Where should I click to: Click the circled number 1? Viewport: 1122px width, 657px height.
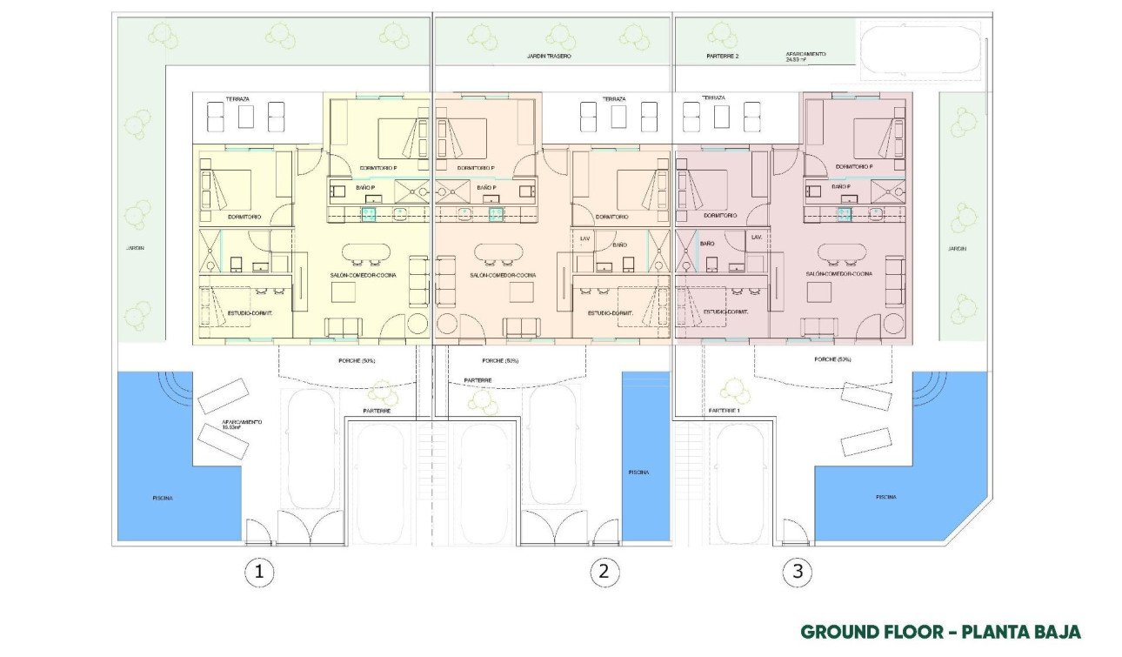coord(258,572)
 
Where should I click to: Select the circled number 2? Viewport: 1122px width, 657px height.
coord(604,572)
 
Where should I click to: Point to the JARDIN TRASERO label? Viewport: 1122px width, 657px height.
coord(549,56)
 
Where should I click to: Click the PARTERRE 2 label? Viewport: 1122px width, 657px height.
coord(723,56)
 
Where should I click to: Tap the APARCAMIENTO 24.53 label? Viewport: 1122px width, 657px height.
coord(806,57)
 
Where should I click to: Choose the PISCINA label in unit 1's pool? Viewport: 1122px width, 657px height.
coord(162,498)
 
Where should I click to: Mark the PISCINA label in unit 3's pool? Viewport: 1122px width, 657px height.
coord(885,497)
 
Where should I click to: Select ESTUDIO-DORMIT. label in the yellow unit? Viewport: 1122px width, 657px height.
coord(250,313)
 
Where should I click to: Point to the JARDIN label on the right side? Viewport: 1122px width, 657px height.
coord(957,249)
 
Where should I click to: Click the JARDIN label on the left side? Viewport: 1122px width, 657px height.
coord(134,248)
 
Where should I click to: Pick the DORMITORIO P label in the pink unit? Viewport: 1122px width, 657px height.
coord(853,166)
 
